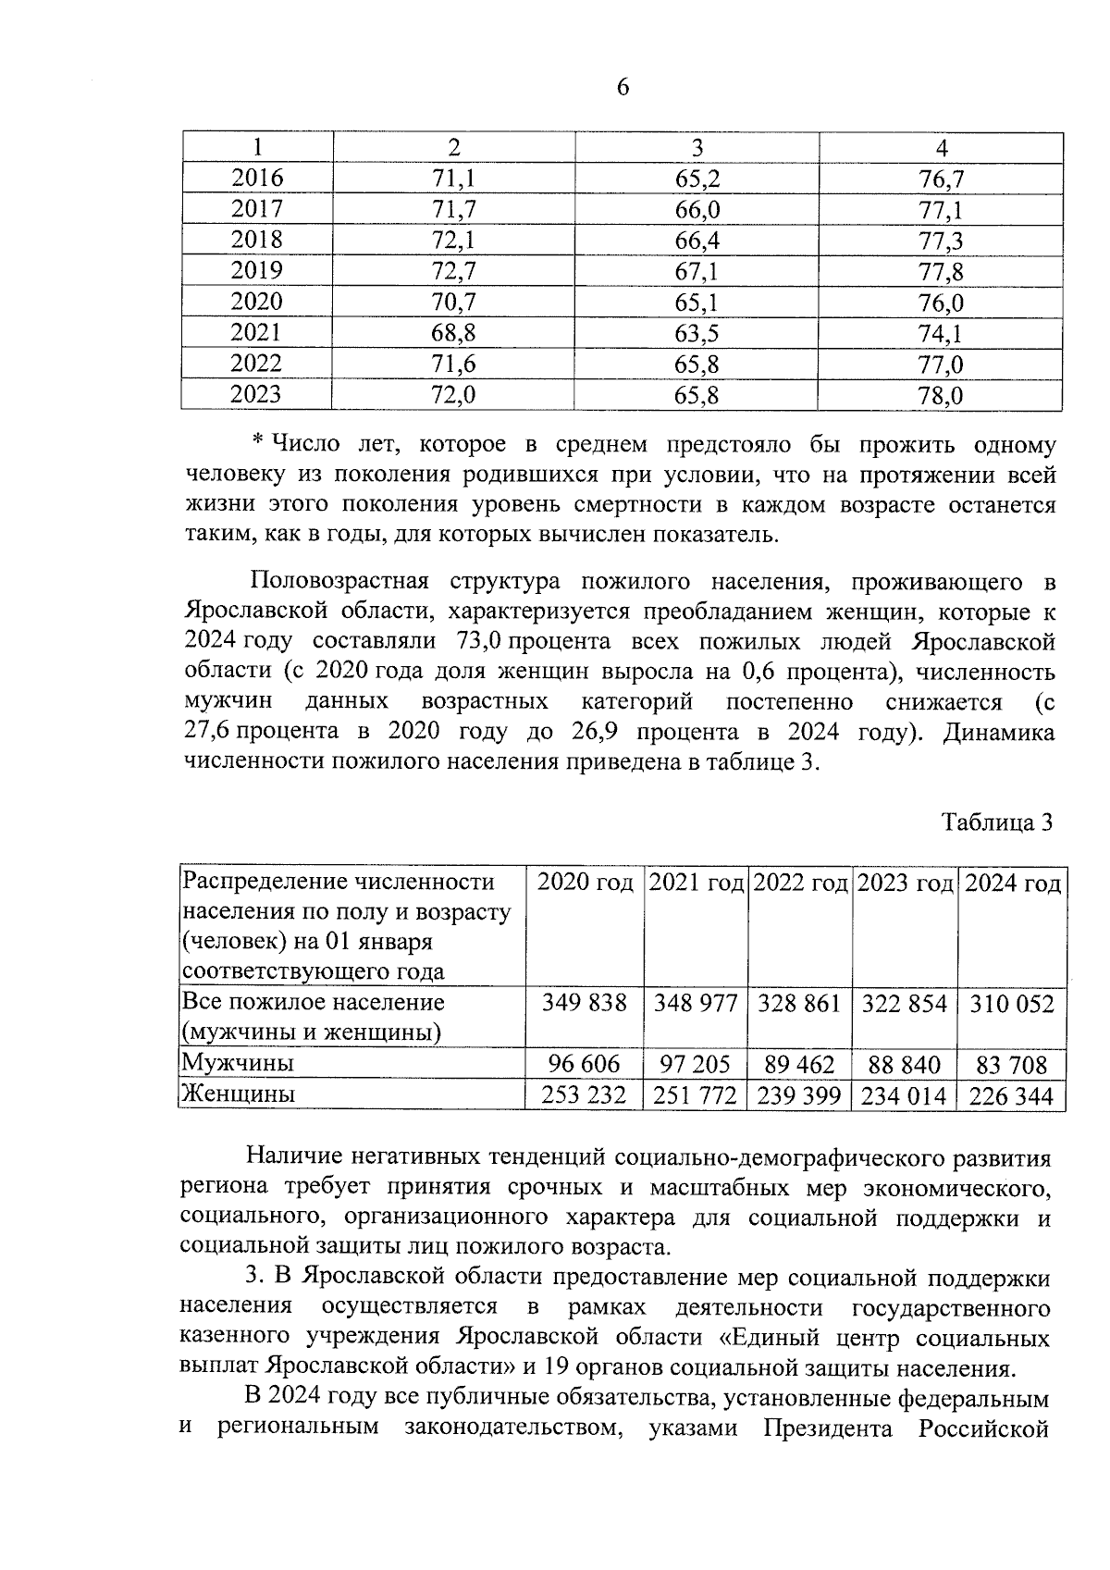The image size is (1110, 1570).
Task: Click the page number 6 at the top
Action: [x=622, y=88]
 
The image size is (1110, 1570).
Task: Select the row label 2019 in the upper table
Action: [x=256, y=270]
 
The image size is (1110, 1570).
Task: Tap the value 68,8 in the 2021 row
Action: [x=453, y=333]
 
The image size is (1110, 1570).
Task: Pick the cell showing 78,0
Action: [x=941, y=396]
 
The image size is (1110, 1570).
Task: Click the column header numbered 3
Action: [x=697, y=148]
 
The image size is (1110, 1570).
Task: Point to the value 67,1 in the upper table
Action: [x=697, y=271]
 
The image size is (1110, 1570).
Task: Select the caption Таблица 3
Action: [x=997, y=822]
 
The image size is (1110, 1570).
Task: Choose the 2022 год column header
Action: [x=800, y=884]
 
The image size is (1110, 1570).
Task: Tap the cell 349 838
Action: [x=585, y=1004]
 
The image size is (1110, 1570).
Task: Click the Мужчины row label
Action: [x=239, y=1064]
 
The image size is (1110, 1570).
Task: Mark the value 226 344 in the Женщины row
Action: [x=1011, y=1096]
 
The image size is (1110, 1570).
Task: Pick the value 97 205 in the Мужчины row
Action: [x=696, y=1065]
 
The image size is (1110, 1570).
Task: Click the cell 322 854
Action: [x=905, y=1004]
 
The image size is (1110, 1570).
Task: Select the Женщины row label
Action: [x=239, y=1094]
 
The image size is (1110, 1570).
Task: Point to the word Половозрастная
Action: [x=339, y=582]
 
